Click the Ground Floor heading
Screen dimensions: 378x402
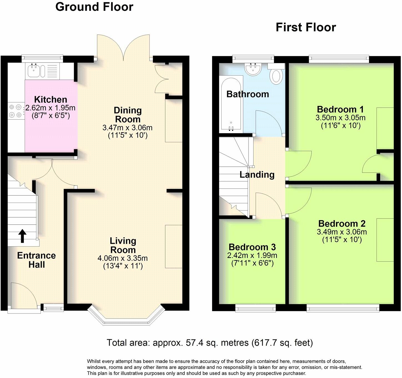[94, 7]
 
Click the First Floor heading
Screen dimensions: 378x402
[306, 28]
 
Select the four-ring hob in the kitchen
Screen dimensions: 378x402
[15, 111]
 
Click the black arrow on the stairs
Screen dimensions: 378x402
[22, 236]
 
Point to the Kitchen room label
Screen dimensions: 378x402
[51, 100]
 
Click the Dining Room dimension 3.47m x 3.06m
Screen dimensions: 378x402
[127, 128]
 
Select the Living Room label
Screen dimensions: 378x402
[123, 245]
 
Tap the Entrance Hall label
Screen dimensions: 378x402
[36, 260]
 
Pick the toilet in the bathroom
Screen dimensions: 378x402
[276, 76]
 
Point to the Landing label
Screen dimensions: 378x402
[257, 175]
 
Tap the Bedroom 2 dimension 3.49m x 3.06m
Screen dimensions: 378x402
[342, 232]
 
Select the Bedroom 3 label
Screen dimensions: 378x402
[252, 247]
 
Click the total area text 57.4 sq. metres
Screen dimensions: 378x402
[210, 343]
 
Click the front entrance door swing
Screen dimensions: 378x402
[24, 295]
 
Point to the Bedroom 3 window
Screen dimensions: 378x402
[255, 308]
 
